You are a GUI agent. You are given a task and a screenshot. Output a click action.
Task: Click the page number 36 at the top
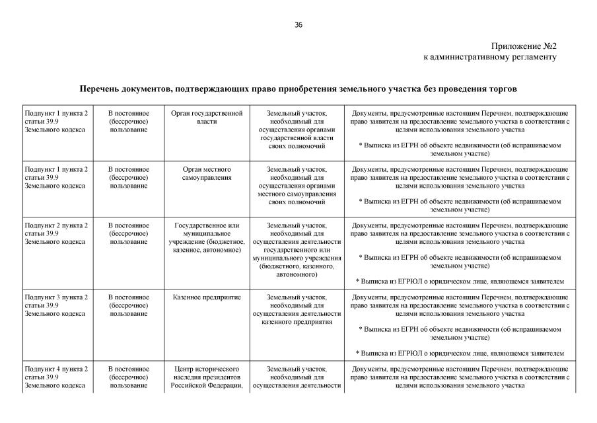click(x=298, y=25)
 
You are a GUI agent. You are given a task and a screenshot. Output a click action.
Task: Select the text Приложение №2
click(x=524, y=46)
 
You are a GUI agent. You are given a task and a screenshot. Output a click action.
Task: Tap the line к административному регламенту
click(x=489, y=57)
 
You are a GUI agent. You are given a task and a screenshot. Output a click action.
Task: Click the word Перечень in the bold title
click(x=102, y=89)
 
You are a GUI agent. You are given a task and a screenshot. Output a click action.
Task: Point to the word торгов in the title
click(x=501, y=89)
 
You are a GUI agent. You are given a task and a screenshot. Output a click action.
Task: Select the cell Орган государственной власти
click(x=207, y=118)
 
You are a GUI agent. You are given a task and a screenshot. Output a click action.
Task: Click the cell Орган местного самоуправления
click(x=207, y=173)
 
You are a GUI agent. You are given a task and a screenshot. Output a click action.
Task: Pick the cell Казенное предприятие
click(x=207, y=297)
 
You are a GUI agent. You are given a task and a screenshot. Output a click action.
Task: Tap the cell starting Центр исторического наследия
click(x=207, y=377)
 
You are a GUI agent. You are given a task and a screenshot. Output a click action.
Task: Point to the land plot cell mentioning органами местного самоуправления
click(x=297, y=186)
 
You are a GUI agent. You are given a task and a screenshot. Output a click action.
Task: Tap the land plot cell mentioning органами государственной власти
click(x=297, y=130)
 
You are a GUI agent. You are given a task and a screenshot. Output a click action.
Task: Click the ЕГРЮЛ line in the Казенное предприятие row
click(x=460, y=353)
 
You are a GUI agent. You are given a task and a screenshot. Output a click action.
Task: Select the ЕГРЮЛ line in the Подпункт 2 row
click(x=460, y=281)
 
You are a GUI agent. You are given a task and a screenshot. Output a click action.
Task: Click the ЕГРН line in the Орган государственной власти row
click(x=460, y=148)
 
